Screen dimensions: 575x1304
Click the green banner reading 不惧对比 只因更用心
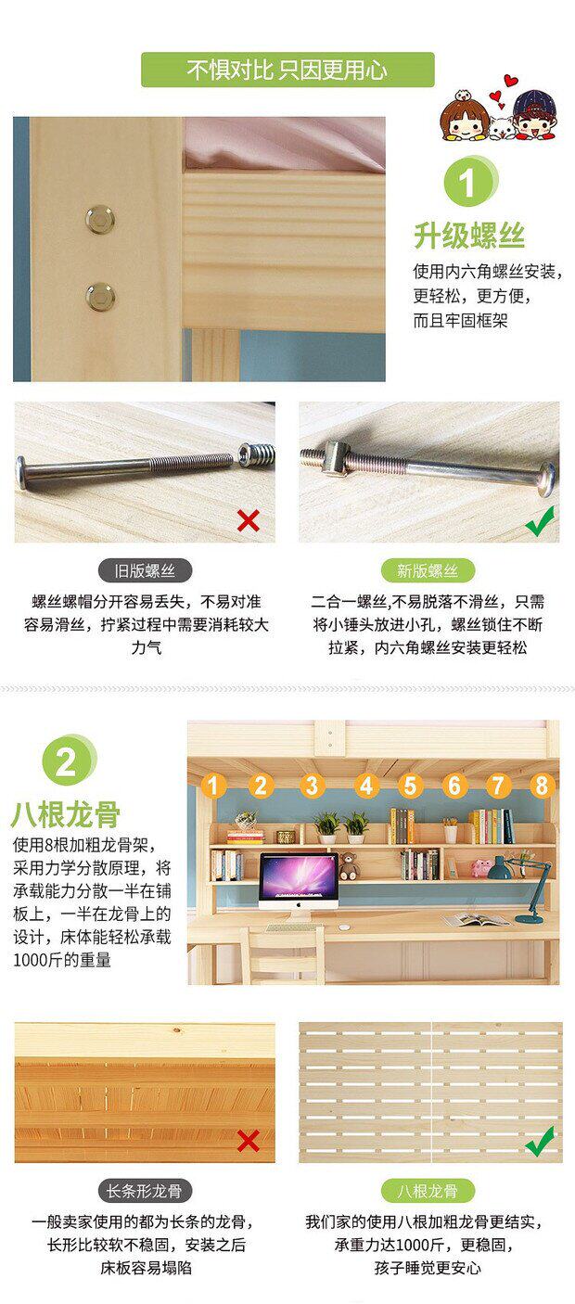pyautogui.click(x=287, y=70)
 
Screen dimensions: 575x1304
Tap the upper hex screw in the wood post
pyautogui.click(x=100, y=219)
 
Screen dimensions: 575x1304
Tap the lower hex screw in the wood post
pyautogui.click(x=100, y=296)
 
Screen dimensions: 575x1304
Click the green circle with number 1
pyautogui.click(x=471, y=182)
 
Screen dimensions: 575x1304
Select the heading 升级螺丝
pyautogui.click(x=469, y=237)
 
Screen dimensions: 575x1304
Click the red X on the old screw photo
pyautogui.click(x=249, y=520)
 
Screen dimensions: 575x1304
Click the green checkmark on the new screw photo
pyautogui.click(x=540, y=521)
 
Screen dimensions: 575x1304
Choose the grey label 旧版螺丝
pyautogui.click(x=145, y=570)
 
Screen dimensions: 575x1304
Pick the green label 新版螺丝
pyautogui.click(x=428, y=570)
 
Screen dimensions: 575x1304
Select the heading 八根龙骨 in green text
pyautogui.click(x=66, y=814)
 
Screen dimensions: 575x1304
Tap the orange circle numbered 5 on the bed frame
pyautogui.click(x=410, y=786)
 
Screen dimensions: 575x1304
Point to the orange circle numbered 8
pyautogui.click(x=542, y=786)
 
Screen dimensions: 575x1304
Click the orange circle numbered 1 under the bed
pyautogui.click(x=213, y=786)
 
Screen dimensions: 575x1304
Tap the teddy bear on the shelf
pyautogui.click(x=349, y=866)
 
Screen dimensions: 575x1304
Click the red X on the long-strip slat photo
pyautogui.click(x=249, y=1142)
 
